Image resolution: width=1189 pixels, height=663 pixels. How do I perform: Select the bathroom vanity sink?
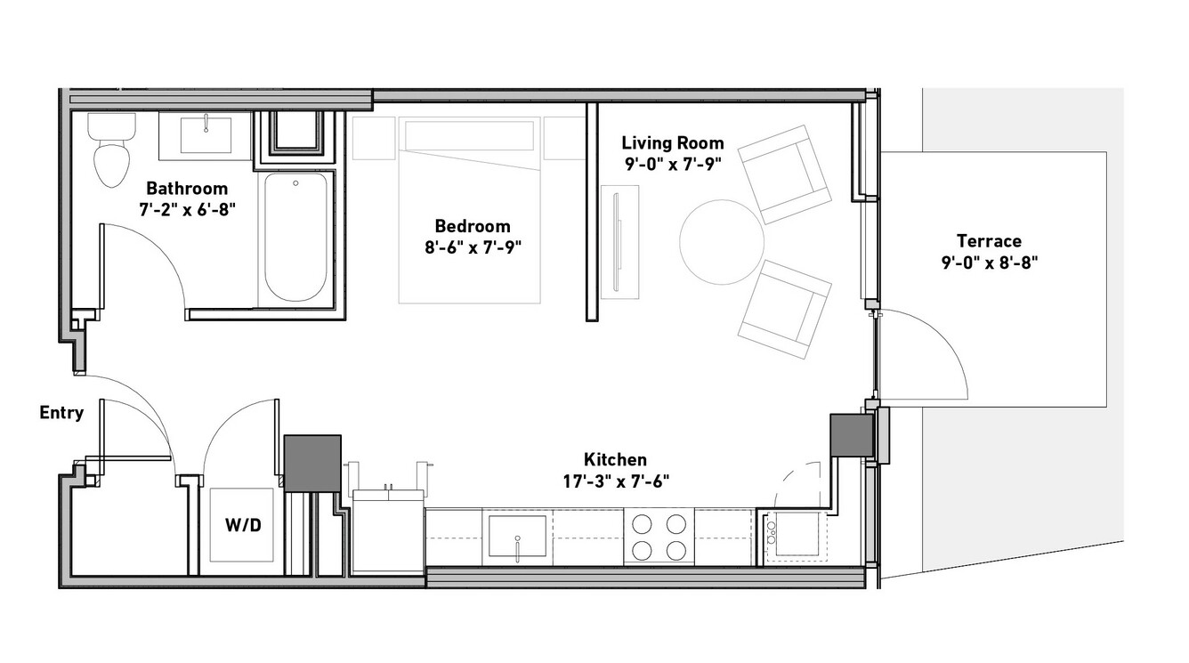click(x=206, y=135)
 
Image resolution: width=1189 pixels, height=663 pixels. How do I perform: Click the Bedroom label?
click(x=473, y=226)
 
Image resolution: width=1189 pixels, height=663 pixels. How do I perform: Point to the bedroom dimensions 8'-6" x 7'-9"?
click(x=473, y=247)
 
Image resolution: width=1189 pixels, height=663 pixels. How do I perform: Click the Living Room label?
click(x=673, y=142)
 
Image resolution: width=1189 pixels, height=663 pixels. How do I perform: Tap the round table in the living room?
click(x=722, y=242)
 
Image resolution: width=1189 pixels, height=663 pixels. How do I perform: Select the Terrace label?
click(x=989, y=241)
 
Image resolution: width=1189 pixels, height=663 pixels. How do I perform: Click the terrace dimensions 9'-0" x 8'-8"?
click(x=990, y=263)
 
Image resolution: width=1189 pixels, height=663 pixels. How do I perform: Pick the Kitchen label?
click(x=615, y=459)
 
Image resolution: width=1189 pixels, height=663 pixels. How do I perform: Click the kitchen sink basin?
click(x=518, y=536)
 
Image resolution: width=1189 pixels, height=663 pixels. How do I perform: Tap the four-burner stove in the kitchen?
click(x=659, y=536)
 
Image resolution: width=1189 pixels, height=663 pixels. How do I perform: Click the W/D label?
click(x=243, y=526)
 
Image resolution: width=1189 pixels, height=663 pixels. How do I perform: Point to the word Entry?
click(x=61, y=412)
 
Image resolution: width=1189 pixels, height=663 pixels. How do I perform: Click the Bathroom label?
click(x=187, y=189)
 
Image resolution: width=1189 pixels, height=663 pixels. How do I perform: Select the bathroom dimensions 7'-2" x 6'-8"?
click(x=187, y=210)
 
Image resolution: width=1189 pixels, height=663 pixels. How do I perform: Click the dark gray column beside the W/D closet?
click(x=312, y=464)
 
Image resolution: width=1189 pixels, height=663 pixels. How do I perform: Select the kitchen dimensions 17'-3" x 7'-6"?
click(x=616, y=481)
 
